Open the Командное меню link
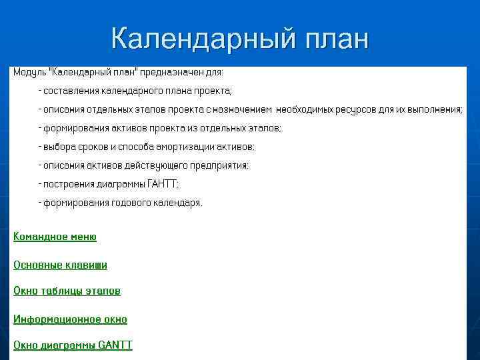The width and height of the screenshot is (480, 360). (55, 237)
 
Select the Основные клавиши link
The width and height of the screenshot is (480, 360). (61, 265)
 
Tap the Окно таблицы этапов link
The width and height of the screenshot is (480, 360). (67, 291)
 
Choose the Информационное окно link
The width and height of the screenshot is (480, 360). (71, 319)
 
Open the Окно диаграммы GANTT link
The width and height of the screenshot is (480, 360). (73, 345)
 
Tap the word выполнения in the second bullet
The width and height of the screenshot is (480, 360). (434, 109)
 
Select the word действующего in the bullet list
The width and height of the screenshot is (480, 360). (156, 165)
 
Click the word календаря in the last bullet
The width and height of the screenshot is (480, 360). (177, 203)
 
